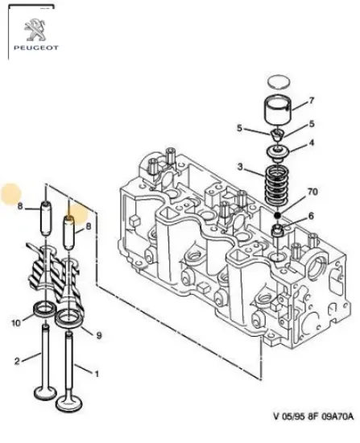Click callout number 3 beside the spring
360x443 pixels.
point(240,166)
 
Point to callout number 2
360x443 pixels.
point(16,361)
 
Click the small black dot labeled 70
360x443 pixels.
point(278,216)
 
